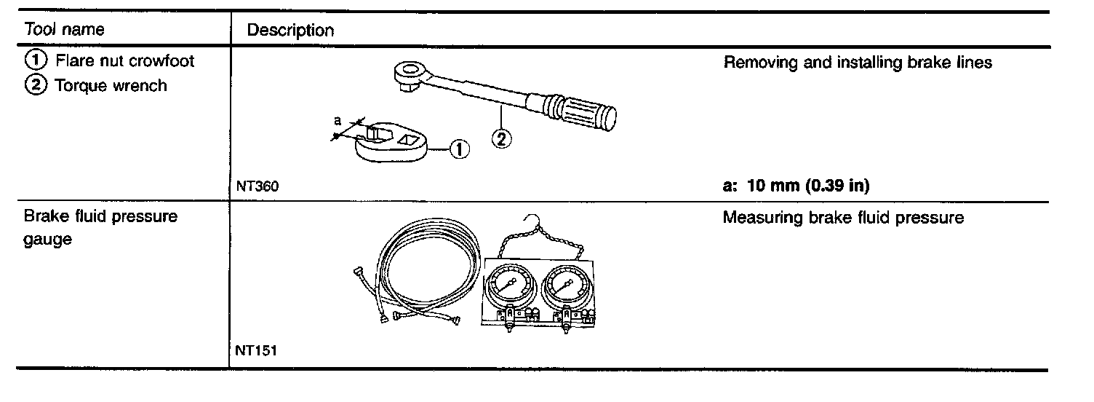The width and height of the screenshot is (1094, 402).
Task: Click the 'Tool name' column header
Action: click(x=64, y=30)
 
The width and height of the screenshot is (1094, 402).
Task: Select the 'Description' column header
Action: click(x=290, y=31)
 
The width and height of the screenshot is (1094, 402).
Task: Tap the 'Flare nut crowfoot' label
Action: click(x=124, y=61)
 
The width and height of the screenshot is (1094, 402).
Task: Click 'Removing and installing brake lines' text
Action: click(x=858, y=63)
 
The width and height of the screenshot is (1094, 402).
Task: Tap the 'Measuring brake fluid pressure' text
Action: click(x=843, y=218)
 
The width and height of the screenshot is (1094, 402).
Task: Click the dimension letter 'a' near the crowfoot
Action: click(x=338, y=122)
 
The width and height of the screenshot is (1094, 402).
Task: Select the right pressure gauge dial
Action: click(x=567, y=285)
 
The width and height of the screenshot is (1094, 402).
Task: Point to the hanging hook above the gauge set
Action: click(x=533, y=219)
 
